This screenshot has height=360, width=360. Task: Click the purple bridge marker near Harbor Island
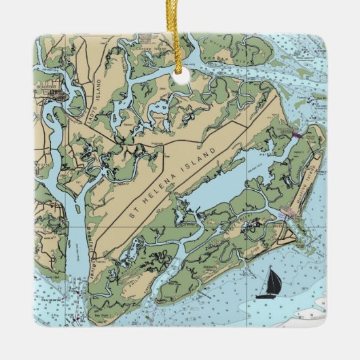click(x=295, y=136)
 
